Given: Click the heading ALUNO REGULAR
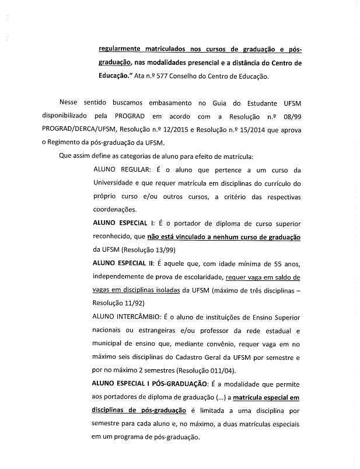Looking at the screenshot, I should (121, 169).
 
